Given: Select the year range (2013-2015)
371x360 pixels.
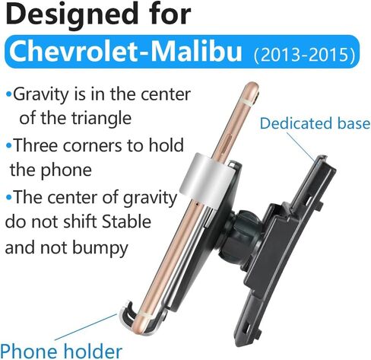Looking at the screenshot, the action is pos(304,55).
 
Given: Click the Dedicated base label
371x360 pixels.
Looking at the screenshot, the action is pos(315,123).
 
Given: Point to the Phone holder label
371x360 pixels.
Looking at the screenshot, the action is pos(61,351).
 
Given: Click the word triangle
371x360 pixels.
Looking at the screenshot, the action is pos(101,119).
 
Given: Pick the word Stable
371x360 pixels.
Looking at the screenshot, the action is pos(126,221).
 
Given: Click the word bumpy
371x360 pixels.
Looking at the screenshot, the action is pos(100,248).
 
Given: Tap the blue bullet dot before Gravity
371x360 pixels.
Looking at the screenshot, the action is pos(9,95).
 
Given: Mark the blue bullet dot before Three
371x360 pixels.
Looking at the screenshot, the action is pos(9,146).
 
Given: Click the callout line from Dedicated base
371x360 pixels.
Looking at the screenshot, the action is pos(302,145).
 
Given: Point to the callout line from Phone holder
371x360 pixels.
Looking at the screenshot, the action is pos(86,327).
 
